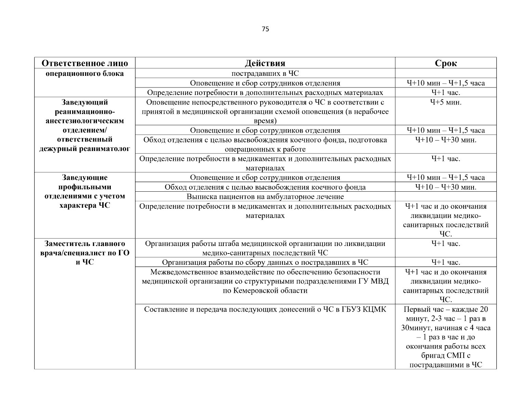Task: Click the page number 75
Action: click(x=265, y=29)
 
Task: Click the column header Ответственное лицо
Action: click(x=85, y=63)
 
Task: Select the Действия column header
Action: click(x=265, y=63)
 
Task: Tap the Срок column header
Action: click(x=446, y=63)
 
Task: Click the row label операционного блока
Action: click(x=85, y=73)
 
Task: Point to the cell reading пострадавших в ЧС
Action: click(x=265, y=73)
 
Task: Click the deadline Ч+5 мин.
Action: click(x=446, y=102)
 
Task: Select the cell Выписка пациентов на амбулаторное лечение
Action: click(x=265, y=197)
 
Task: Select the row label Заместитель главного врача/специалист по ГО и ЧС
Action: click(x=85, y=253)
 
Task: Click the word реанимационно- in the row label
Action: click(x=85, y=112)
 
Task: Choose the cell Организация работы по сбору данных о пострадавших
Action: click(x=265, y=262)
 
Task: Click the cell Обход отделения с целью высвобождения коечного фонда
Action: click(x=265, y=187)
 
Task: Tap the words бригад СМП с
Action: click(x=446, y=356)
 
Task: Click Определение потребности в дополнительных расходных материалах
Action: click(x=265, y=93)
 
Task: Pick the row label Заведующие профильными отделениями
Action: click(x=85, y=187)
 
